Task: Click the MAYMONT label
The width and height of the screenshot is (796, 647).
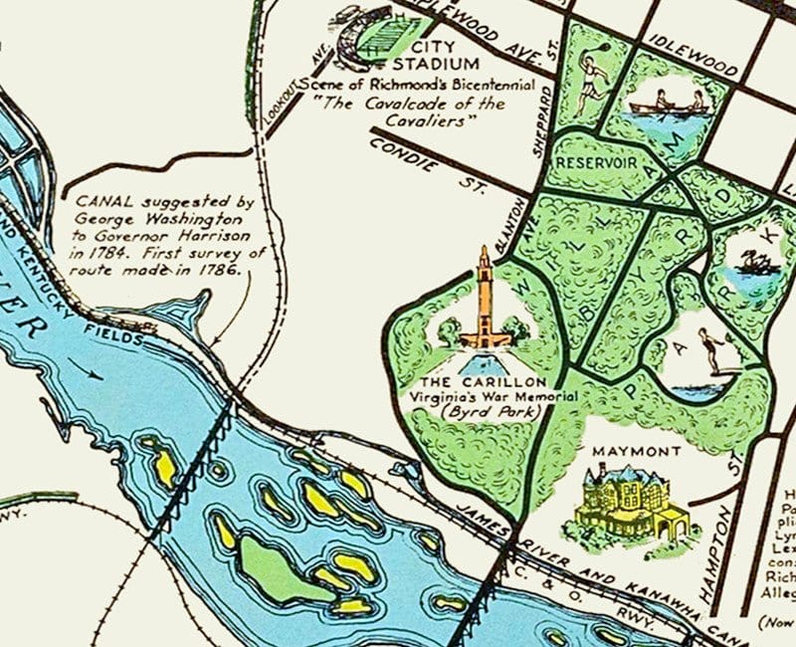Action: pos(636,451)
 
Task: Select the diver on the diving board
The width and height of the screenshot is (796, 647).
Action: pos(708,348)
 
